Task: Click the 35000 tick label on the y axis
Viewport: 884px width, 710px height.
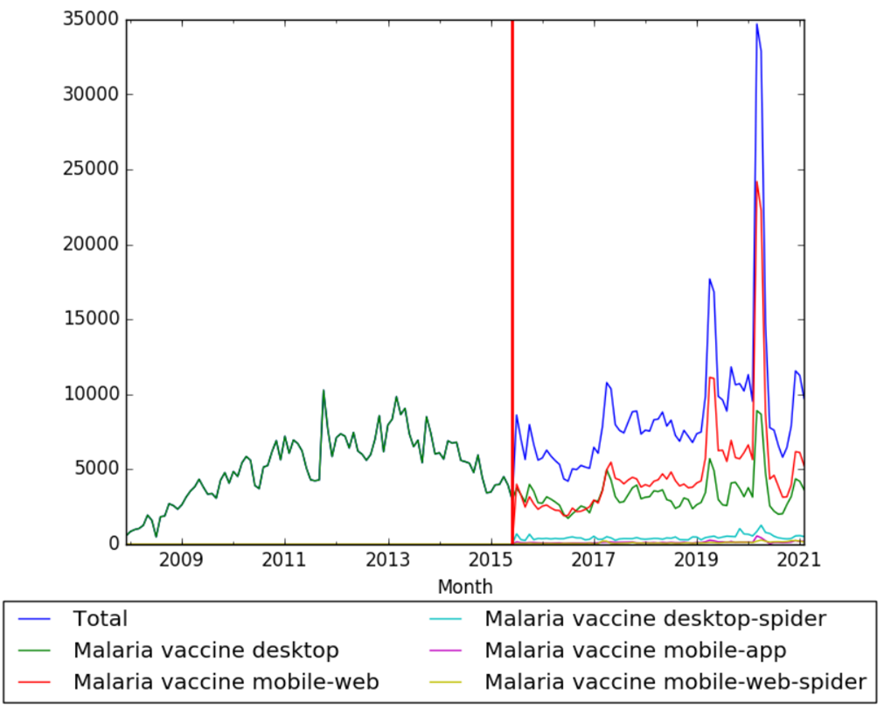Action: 91,20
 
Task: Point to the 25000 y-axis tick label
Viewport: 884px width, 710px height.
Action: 91,170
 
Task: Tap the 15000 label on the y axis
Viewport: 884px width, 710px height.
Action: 91,320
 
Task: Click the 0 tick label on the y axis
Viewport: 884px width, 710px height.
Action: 115,545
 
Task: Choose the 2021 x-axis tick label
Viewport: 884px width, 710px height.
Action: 799,560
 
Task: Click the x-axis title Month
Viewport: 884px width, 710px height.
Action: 465,586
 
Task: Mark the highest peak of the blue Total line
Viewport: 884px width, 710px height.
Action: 757,24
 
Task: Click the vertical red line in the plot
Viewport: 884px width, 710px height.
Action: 512,262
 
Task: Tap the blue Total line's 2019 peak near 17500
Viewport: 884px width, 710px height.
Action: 709,279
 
